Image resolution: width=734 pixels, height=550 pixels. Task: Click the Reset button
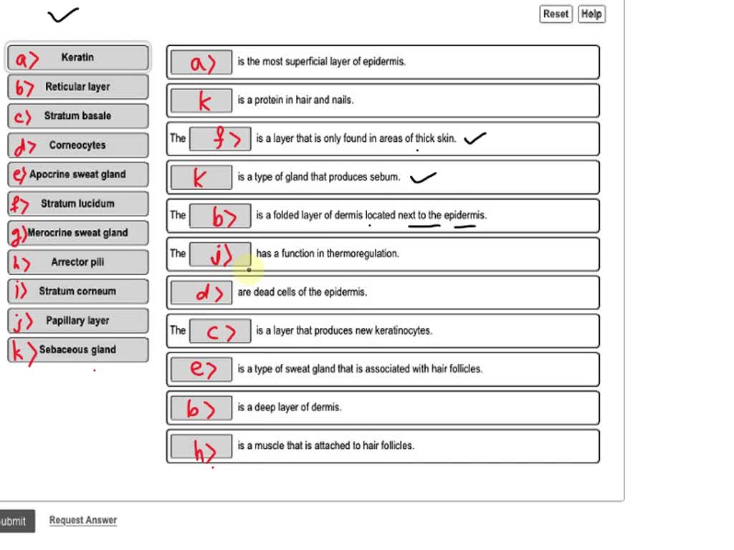tap(556, 14)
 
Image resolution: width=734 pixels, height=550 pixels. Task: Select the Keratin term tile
tap(78, 57)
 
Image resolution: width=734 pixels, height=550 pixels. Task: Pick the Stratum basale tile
tap(78, 116)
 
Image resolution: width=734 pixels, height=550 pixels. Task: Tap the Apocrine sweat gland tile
tap(78, 175)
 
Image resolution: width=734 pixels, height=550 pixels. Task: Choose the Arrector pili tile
tap(78, 262)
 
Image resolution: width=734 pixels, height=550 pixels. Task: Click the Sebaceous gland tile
tap(78, 350)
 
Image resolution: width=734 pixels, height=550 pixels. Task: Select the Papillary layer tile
tap(78, 321)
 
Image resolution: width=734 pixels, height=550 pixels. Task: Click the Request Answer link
tap(82, 521)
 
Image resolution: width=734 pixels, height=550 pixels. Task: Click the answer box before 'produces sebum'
tap(201, 177)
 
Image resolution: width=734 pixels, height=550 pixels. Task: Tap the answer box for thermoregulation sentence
tap(220, 254)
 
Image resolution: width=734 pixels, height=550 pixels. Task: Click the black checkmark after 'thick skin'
tap(475, 139)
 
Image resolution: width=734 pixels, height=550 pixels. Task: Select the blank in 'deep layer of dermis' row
tap(201, 407)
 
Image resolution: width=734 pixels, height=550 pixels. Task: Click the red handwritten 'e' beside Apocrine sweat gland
tap(18, 175)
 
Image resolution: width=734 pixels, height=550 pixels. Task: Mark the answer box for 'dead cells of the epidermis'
tap(201, 292)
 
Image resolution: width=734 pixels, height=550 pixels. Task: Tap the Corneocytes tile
tap(78, 145)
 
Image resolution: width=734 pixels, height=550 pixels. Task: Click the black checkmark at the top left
tap(62, 14)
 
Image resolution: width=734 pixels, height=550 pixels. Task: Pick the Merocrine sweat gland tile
tap(78, 233)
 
